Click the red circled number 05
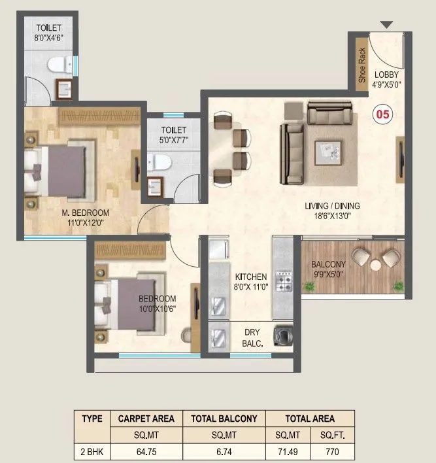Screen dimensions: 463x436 tap(382, 114)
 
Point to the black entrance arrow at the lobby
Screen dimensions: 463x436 tap(386, 25)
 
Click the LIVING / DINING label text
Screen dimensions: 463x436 tap(332, 206)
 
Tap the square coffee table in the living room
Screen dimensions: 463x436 tap(328, 153)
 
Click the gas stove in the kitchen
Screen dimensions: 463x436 tap(285, 281)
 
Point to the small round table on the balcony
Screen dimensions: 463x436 tap(376, 265)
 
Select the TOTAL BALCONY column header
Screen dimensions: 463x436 tap(224, 419)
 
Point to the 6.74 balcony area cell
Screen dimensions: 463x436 tap(224, 452)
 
